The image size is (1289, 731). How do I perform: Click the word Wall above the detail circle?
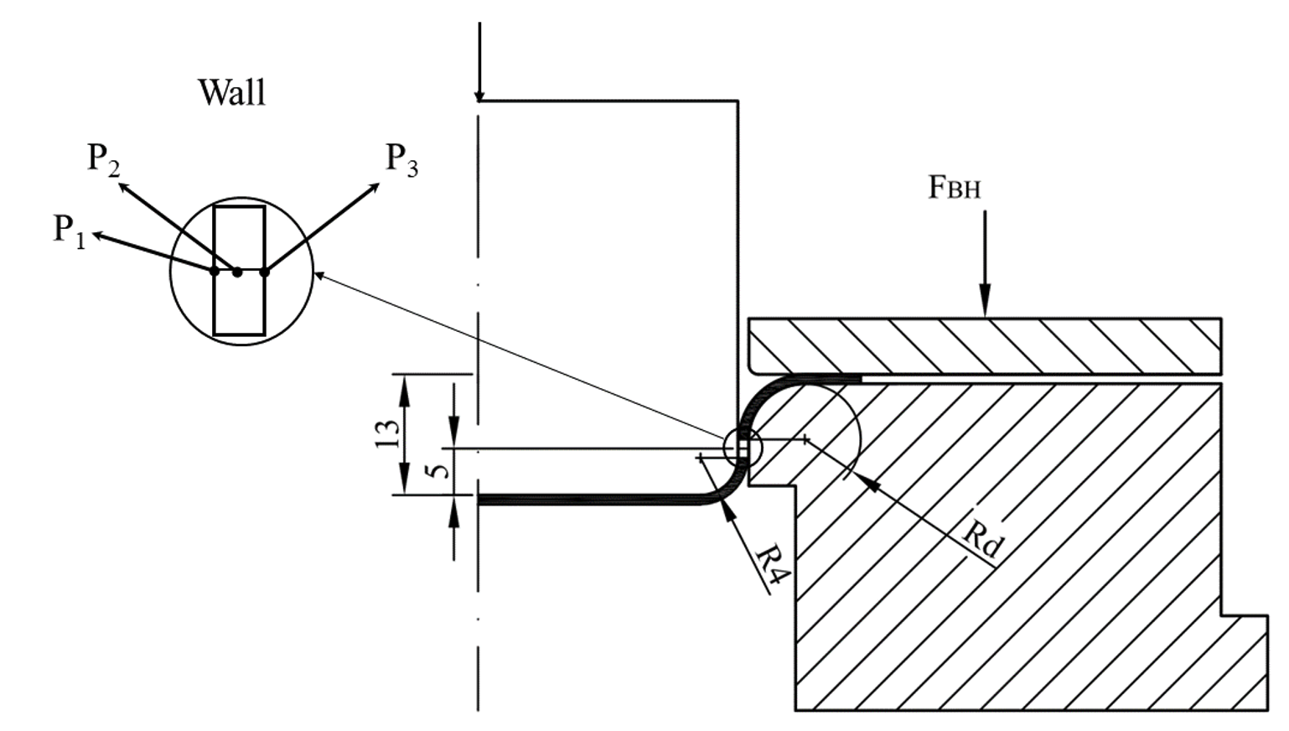(231, 92)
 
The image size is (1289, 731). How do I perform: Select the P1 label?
(69, 230)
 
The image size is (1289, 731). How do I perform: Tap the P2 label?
(103, 158)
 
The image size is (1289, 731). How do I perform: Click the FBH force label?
(954, 188)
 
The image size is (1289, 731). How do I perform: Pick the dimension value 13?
(388, 433)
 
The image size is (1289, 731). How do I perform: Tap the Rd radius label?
(981, 540)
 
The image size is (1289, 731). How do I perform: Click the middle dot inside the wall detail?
(238, 272)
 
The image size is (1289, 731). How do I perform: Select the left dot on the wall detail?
(215, 271)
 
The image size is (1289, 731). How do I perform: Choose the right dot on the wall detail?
(265, 271)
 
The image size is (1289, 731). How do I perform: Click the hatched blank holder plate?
(985, 345)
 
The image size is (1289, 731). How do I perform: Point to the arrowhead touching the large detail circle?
(319, 275)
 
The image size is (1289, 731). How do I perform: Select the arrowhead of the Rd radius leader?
(864, 481)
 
